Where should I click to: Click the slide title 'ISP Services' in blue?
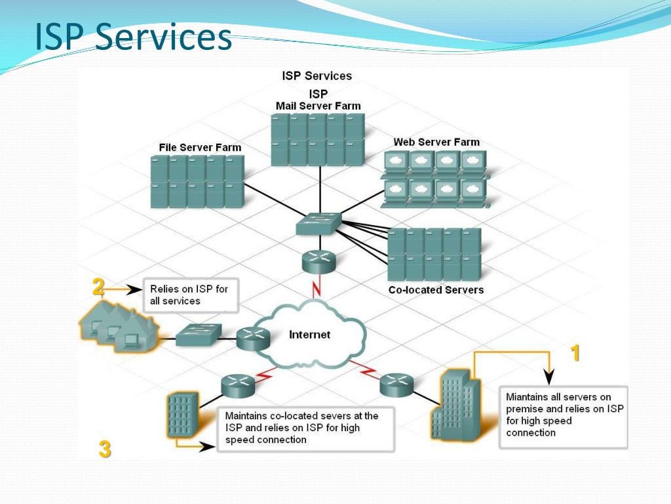pyautogui.click(x=134, y=37)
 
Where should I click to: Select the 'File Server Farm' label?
pyautogui.click(x=200, y=148)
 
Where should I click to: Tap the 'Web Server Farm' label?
pyautogui.click(x=436, y=142)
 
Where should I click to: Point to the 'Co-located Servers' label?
pyautogui.click(x=436, y=289)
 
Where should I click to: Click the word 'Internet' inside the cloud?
pyautogui.click(x=309, y=334)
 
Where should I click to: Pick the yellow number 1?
pyautogui.click(x=575, y=353)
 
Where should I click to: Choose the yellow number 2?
pyautogui.click(x=98, y=287)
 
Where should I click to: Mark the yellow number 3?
pyautogui.click(x=105, y=449)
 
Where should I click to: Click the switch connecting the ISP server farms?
pyautogui.click(x=319, y=224)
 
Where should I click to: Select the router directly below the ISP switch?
pyautogui.click(x=319, y=261)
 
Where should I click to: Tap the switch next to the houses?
pyautogui.click(x=199, y=335)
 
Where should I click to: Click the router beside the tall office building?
pyautogui.click(x=396, y=384)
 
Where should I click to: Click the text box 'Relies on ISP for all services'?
pyautogui.click(x=191, y=295)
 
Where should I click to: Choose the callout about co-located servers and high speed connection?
pyautogui.click(x=305, y=429)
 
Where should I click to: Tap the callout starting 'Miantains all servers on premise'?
pyautogui.click(x=564, y=417)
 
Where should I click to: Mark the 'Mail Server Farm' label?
pyautogui.click(x=318, y=106)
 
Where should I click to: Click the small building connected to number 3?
pyautogui.click(x=183, y=415)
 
